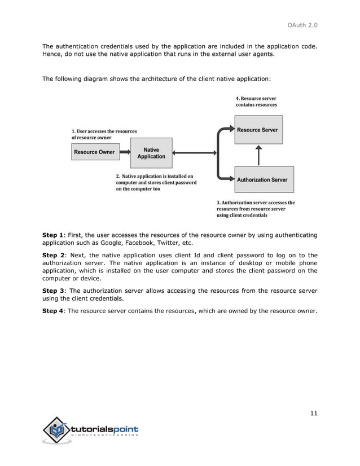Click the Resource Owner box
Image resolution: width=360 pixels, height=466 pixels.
tap(94, 152)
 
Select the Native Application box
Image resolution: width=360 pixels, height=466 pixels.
tap(151, 153)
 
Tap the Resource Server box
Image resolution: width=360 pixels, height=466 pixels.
tap(258, 130)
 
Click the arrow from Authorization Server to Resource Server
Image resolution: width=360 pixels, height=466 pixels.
tap(258, 155)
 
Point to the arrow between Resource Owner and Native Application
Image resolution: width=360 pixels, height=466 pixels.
tap(124, 152)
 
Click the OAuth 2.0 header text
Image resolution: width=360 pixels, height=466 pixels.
tap(303, 24)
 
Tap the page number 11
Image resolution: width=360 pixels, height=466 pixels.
tap(314, 414)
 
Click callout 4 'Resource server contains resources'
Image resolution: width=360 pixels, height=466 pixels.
tap(256, 102)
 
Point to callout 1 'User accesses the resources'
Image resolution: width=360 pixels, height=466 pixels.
tap(104, 134)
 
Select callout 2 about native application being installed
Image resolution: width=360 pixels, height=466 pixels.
tap(156, 183)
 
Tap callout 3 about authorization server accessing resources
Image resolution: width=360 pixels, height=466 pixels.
tap(256, 209)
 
